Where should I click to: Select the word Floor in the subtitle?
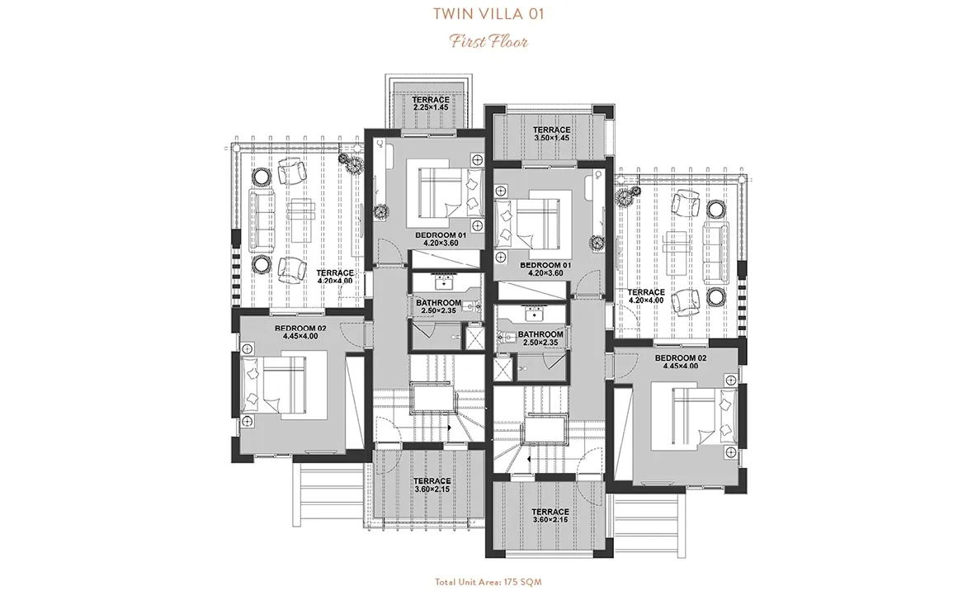pos(510,40)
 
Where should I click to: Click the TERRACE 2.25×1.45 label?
pos(431,103)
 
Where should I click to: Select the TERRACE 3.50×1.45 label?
pos(551,134)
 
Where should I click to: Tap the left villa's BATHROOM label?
pos(438,305)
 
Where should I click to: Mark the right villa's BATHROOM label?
pos(540,338)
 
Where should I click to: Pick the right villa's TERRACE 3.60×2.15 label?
pos(551,516)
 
